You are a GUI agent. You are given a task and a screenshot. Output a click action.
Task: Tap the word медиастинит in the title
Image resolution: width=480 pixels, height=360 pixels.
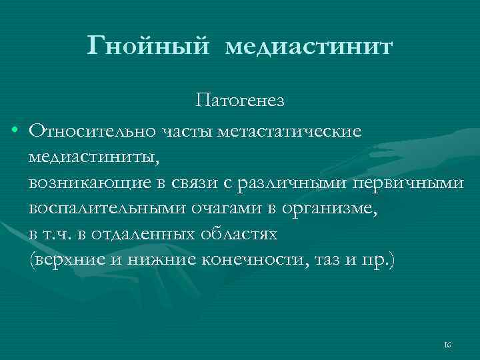tap(309, 47)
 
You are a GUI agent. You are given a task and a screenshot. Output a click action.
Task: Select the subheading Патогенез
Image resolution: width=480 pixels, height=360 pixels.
tap(240, 101)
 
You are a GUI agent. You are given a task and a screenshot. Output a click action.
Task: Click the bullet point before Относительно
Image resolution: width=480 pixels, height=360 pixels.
tap(14, 129)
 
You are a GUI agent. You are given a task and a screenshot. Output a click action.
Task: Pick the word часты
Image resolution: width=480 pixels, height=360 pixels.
tap(184, 130)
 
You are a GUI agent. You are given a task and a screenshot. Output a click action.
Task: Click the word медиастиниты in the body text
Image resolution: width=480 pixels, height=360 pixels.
tap(94, 157)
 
